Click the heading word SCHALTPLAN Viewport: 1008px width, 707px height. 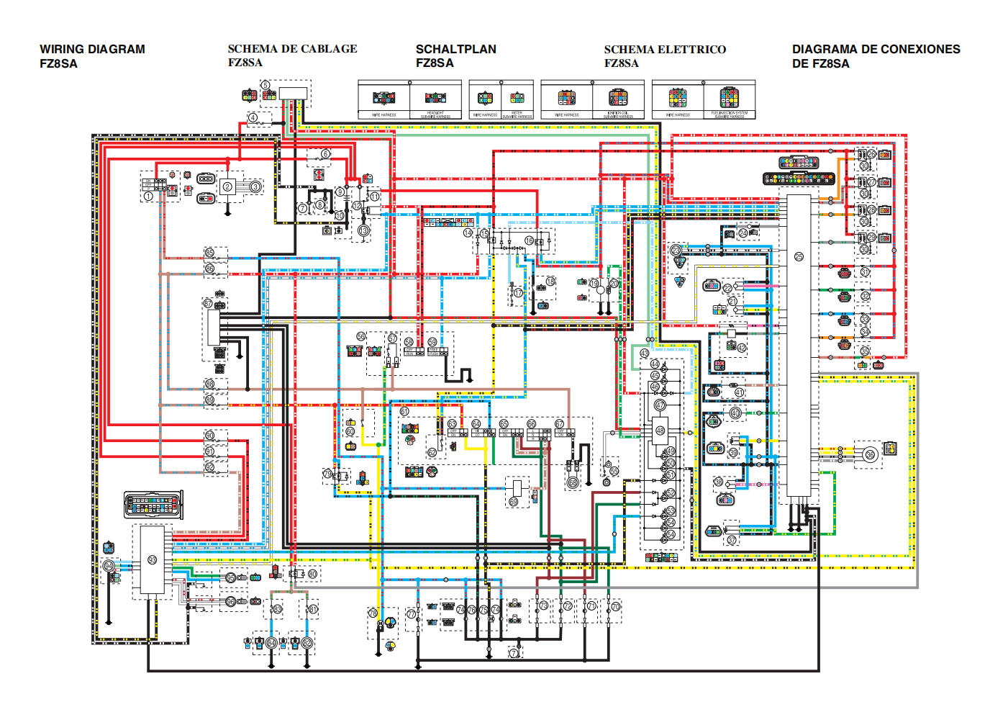click(455, 49)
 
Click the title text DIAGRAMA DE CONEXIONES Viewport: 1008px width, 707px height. click(876, 49)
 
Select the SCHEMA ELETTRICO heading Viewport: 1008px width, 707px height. click(665, 49)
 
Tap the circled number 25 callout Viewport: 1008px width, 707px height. click(799, 257)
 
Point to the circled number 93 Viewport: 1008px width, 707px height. click(152, 560)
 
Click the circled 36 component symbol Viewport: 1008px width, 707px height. click(870, 454)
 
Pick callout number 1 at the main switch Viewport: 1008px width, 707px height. click(148, 196)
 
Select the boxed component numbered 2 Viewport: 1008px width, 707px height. click(227, 187)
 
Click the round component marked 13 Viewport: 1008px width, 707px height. click(363, 230)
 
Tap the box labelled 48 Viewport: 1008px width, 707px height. click(660, 431)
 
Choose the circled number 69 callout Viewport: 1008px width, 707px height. click(514, 501)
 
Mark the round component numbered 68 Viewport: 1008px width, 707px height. click(573, 482)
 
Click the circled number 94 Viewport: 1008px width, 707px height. click(109, 566)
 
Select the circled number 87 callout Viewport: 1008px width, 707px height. click(208, 304)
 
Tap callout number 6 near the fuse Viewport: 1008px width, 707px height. click(325, 154)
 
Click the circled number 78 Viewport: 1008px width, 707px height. click(373, 613)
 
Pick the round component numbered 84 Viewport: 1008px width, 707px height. click(271, 642)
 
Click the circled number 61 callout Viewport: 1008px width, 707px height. click(404, 412)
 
